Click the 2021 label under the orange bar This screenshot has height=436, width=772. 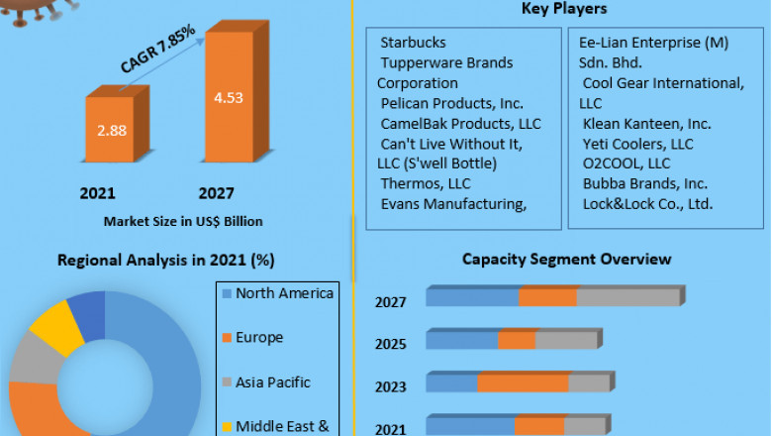(98, 192)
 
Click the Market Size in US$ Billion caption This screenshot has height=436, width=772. (183, 220)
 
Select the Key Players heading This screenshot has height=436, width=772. (564, 9)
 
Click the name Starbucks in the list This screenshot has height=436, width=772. (413, 43)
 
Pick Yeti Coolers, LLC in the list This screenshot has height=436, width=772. (637, 144)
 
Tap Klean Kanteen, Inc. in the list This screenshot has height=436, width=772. (646, 124)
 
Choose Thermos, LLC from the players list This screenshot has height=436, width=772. (426, 183)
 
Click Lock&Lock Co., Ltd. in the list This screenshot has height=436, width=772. (647, 204)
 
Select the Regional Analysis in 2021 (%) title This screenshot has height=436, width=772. (165, 261)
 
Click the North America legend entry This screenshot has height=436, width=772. (285, 293)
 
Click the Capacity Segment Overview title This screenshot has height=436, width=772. (566, 260)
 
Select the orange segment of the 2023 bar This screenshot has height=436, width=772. (523, 383)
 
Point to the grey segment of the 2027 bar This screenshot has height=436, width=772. (628, 297)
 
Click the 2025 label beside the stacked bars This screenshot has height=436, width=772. (391, 345)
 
